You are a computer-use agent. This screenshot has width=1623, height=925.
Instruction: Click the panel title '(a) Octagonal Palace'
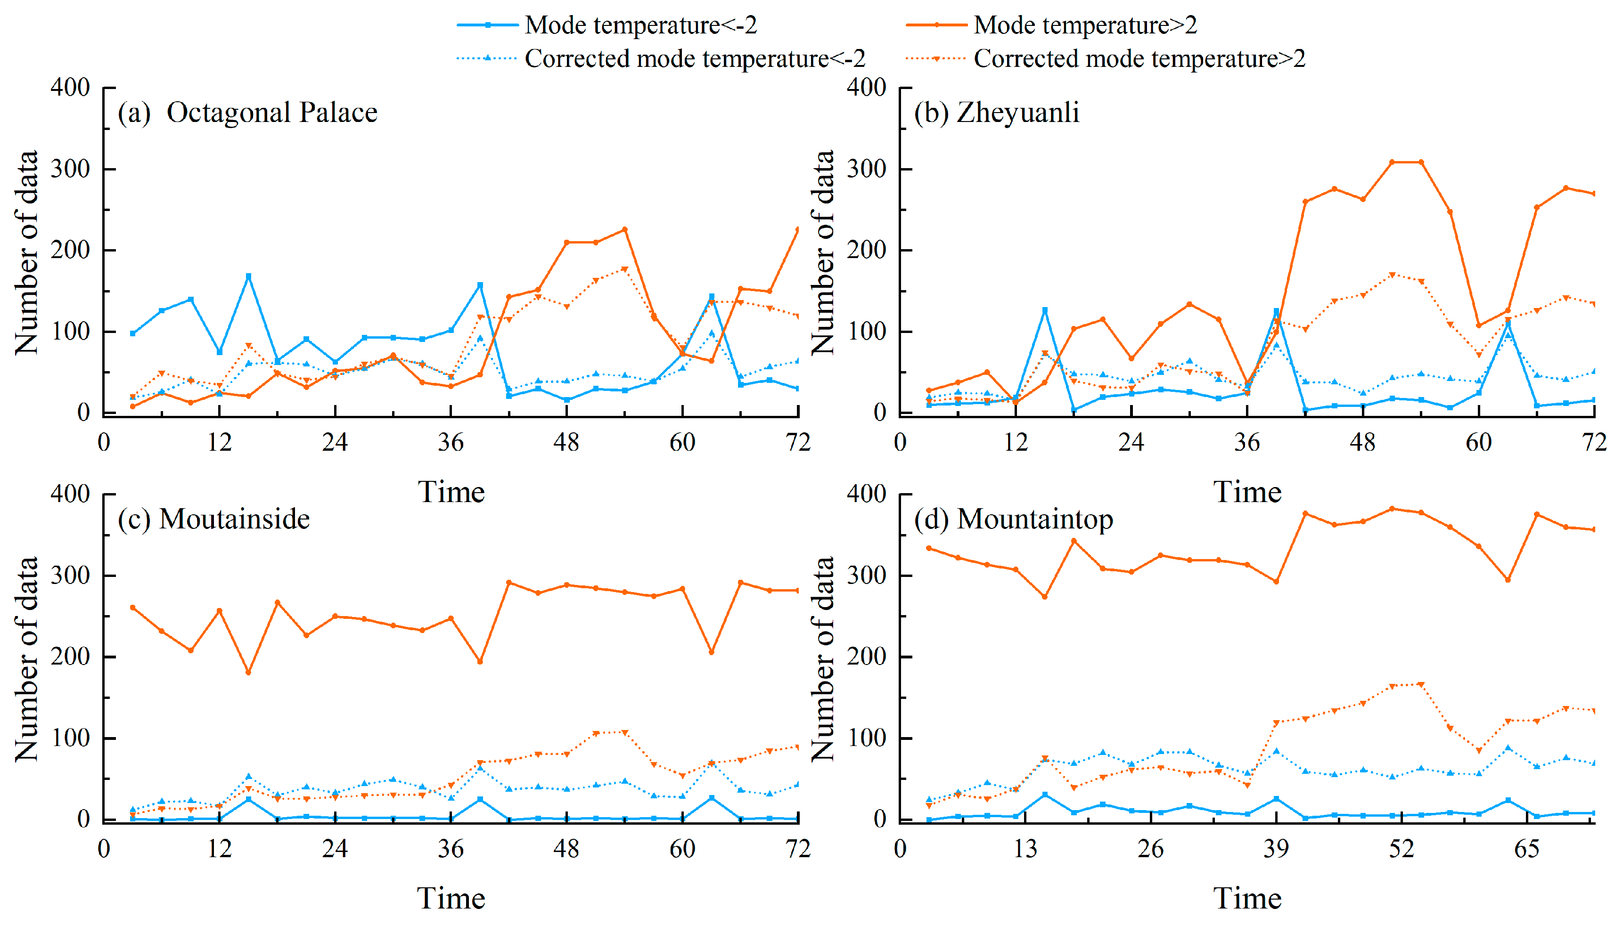(248, 113)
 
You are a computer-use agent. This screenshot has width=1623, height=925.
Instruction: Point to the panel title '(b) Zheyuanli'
(996, 113)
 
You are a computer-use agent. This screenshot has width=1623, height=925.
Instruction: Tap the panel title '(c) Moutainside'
(213, 519)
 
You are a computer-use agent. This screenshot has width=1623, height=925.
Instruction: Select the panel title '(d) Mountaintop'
(1014, 519)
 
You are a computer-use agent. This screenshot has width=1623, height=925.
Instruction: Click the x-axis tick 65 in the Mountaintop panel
(1526, 849)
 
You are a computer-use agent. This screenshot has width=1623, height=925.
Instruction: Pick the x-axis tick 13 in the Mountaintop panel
(1025, 849)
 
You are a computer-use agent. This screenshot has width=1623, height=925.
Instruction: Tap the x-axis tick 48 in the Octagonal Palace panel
(566, 442)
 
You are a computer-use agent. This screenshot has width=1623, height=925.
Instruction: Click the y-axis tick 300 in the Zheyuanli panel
(866, 169)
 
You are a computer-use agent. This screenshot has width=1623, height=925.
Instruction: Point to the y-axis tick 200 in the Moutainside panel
(70, 656)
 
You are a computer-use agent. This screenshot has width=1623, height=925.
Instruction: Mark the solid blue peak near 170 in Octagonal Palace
(248, 276)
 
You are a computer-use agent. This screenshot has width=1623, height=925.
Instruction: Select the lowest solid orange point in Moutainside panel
(248, 673)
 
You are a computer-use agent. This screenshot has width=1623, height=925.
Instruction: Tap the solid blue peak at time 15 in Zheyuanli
(1045, 310)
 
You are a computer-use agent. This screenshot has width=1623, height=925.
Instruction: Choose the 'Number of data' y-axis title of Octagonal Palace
(27, 252)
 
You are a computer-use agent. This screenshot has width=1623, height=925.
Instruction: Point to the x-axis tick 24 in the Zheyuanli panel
(1131, 442)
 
